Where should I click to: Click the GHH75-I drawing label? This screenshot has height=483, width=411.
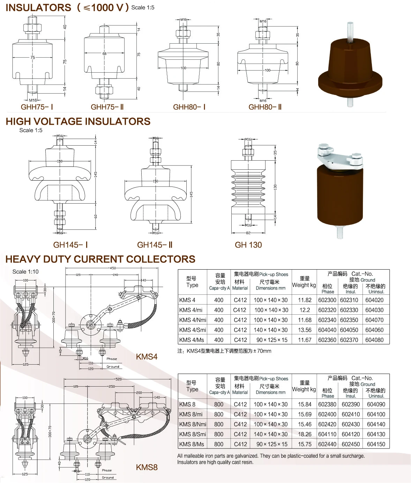(x=37, y=107)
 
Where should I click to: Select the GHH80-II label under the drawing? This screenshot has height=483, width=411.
(x=265, y=107)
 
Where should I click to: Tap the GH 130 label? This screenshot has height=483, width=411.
(x=248, y=245)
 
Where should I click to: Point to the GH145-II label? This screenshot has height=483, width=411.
(x=155, y=245)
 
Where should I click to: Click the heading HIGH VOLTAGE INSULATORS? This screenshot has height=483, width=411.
(x=78, y=122)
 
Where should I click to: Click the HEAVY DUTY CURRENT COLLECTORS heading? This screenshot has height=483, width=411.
(x=100, y=259)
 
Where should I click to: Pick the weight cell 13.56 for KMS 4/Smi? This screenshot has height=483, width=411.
(x=305, y=330)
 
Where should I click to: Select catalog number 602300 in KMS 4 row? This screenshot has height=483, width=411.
(x=327, y=300)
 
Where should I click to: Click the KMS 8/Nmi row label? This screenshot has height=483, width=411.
(x=193, y=424)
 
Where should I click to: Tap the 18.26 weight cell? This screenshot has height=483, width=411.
(x=305, y=434)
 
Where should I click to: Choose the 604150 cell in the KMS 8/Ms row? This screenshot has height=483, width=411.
(x=376, y=444)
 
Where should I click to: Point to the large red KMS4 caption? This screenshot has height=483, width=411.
(x=147, y=357)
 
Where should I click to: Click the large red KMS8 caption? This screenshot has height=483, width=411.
(x=147, y=467)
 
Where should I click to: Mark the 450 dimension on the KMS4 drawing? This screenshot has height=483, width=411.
(x=113, y=268)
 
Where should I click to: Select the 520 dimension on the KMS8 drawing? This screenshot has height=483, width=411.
(x=118, y=379)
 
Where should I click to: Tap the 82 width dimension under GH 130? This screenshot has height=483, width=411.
(x=248, y=233)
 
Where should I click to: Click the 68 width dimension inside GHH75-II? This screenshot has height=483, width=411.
(x=104, y=54)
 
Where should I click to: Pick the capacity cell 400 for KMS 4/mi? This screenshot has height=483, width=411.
(x=219, y=310)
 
